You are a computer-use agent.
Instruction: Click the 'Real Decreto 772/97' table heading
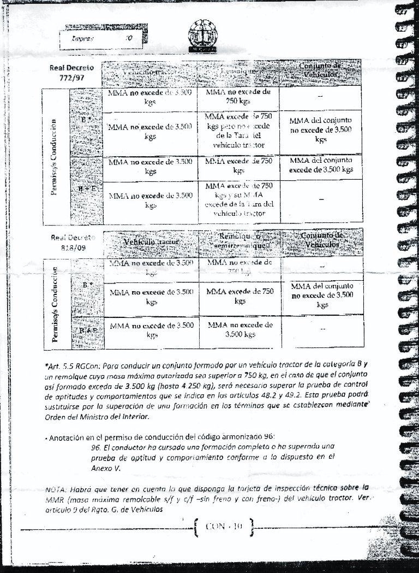coord(71,73)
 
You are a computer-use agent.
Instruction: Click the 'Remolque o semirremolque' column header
coord(238,241)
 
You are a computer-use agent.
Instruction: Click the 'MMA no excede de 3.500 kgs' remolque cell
coord(240,329)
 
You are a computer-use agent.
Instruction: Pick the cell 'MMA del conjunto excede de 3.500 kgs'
coord(321,165)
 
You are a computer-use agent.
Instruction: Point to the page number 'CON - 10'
coord(223,527)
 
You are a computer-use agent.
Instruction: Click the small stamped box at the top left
coord(101,39)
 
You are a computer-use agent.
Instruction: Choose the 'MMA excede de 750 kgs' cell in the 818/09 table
coord(240,296)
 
